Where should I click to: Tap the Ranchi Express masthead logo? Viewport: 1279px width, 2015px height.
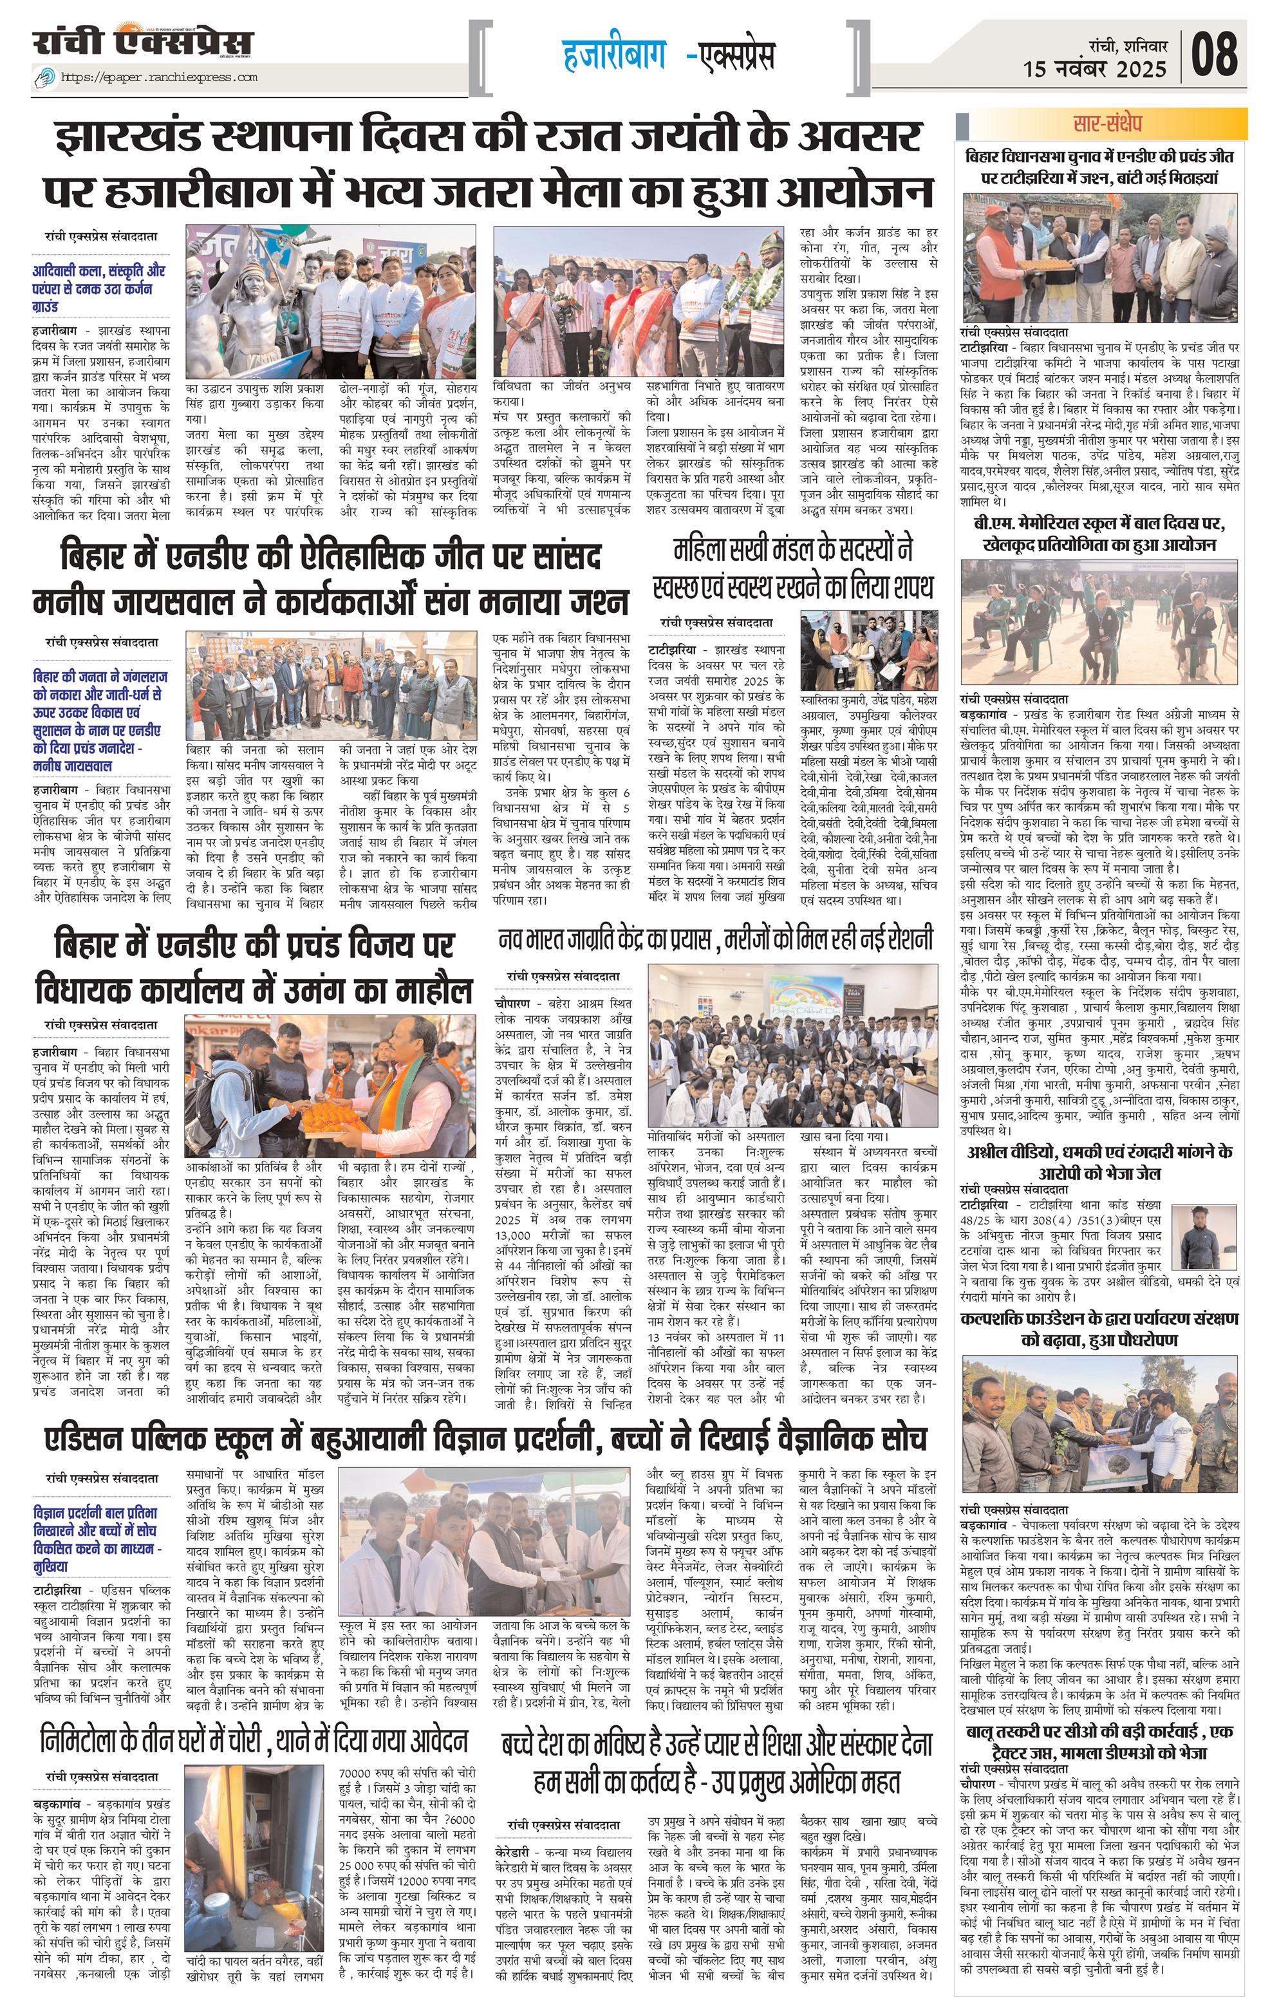pos(142,42)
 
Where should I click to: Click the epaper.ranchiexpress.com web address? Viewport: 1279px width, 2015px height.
pos(158,78)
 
